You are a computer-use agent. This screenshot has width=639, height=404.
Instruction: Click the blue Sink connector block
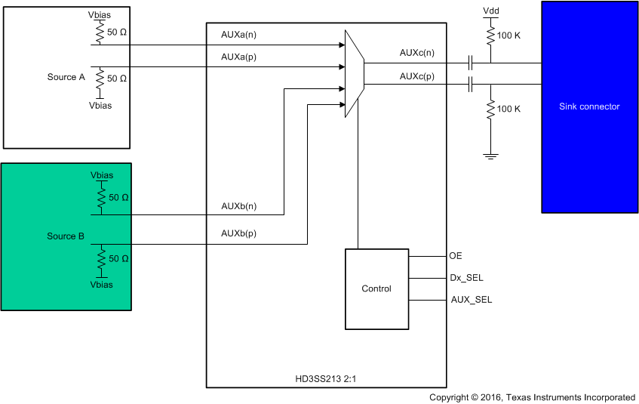[589, 106]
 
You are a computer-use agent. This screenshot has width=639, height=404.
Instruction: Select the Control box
[376, 288]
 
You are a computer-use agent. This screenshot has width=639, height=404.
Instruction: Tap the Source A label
[62, 77]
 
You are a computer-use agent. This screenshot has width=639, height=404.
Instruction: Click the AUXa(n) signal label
[239, 35]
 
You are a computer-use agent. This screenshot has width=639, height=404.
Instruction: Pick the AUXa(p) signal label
[239, 57]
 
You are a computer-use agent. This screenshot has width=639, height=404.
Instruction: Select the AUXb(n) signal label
[239, 205]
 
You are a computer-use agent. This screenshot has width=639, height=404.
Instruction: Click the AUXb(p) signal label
[239, 233]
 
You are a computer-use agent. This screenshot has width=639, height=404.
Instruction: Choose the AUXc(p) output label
[417, 76]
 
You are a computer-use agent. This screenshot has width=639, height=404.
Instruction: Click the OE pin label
[455, 256]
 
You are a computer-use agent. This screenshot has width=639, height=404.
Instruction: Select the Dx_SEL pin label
[466, 278]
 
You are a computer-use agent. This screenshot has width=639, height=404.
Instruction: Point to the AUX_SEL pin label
[471, 300]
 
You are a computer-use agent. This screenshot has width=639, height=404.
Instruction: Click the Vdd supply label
[490, 11]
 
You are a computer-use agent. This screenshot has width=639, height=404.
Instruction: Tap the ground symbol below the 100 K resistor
[490, 156]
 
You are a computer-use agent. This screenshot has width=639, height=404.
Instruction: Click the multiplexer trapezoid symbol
[354, 73]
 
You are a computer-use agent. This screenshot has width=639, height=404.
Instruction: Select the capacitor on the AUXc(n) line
[471, 62]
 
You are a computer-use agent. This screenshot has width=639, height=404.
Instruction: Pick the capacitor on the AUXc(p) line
[471, 85]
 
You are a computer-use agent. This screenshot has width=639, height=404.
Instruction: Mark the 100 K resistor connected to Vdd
[490, 35]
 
